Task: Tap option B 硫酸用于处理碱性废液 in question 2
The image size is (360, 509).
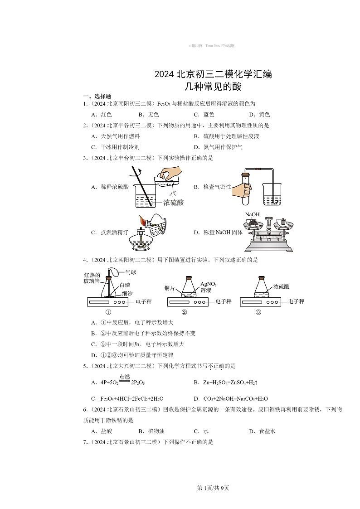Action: coord(226,136)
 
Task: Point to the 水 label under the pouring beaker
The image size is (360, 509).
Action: coord(173,193)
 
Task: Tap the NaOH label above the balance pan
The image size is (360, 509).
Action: coord(253,214)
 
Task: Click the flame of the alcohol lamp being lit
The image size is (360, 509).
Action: coord(143,222)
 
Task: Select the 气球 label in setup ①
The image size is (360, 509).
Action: coord(131,272)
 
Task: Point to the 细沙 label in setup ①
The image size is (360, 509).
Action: coord(127,293)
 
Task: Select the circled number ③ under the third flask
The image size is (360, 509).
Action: coord(258,312)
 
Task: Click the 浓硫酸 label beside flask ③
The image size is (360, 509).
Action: coord(281,287)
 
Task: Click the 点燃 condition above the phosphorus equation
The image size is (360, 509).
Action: coord(125,377)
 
